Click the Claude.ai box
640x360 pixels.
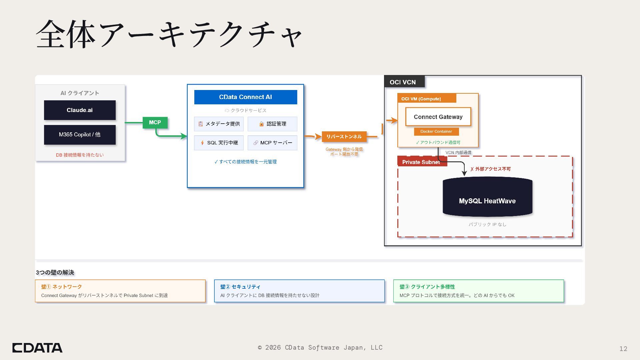(x=80, y=110)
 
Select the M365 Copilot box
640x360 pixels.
(x=80, y=135)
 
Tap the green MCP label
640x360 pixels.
(x=155, y=122)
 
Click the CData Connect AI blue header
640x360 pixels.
(x=245, y=97)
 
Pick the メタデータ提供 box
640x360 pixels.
(x=219, y=124)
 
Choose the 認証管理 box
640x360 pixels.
(x=272, y=124)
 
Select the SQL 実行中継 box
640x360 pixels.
(x=219, y=143)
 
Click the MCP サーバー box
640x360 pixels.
(x=272, y=143)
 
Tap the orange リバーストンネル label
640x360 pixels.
(x=344, y=136)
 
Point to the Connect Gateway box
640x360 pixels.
(x=438, y=117)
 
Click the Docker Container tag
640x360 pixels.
(x=436, y=131)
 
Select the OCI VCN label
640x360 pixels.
(x=403, y=82)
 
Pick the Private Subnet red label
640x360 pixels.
(x=421, y=162)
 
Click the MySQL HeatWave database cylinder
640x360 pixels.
(x=487, y=197)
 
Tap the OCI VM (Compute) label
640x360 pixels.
(x=421, y=99)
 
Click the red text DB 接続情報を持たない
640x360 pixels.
(x=80, y=155)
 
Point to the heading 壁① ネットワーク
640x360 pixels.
(x=62, y=287)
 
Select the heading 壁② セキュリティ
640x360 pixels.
(x=240, y=287)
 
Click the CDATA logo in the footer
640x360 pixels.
(x=37, y=348)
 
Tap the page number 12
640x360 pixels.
(x=623, y=349)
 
